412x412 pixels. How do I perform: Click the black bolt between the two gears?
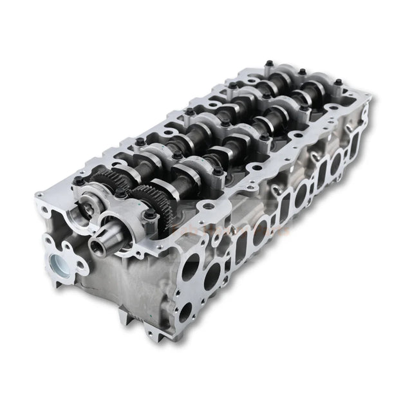(x=120, y=191)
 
